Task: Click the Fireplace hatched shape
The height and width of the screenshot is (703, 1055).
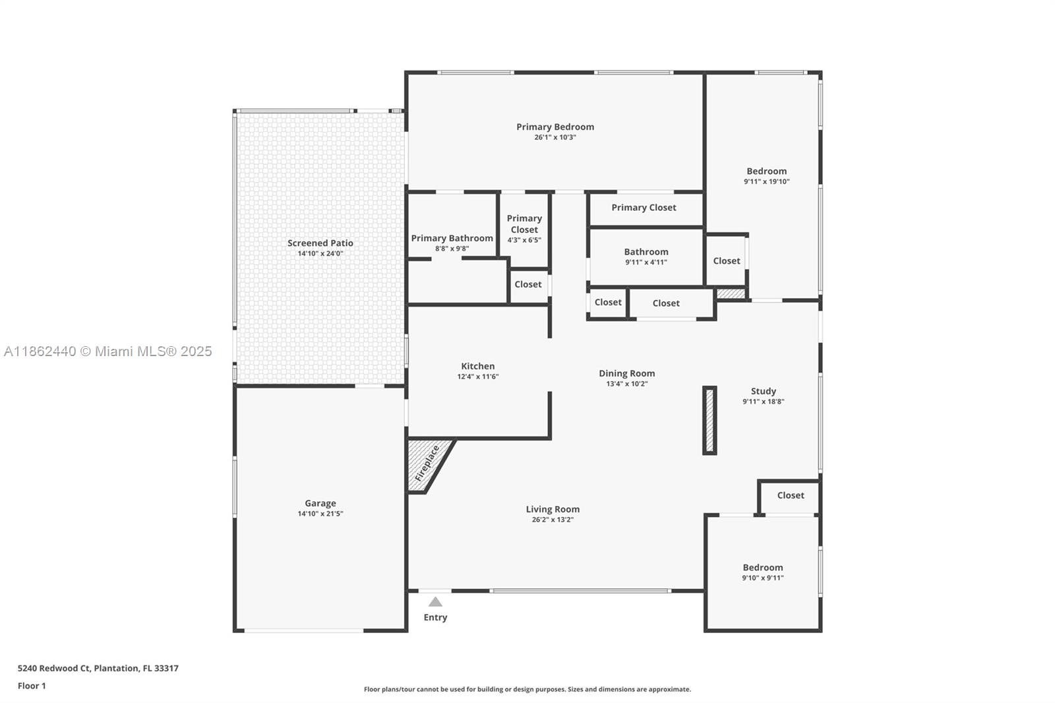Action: pos(425,463)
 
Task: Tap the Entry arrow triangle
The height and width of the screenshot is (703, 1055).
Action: pos(435,601)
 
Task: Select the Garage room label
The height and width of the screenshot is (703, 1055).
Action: pos(320,503)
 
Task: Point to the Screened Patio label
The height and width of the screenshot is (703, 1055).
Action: pos(320,243)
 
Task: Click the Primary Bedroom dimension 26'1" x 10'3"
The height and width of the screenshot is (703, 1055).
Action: pos(555,138)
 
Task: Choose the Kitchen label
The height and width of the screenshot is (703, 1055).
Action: pos(478,366)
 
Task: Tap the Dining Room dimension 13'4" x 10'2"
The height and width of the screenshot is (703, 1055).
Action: pos(627,384)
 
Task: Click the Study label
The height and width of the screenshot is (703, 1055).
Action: pos(764,391)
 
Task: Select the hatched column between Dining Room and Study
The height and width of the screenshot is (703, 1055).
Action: pos(709,421)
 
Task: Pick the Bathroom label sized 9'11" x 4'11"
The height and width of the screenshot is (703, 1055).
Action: pos(646,252)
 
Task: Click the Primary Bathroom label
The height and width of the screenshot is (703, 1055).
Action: pos(452,238)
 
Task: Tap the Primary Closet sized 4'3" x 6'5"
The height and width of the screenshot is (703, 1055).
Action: pos(524,224)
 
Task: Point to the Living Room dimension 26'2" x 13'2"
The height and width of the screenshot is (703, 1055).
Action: pos(553,520)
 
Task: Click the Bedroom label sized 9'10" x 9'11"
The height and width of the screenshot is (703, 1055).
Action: pos(763,567)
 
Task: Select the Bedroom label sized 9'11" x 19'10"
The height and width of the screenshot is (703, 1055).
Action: pos(767,171)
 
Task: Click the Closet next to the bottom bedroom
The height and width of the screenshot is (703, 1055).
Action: pos(791,495)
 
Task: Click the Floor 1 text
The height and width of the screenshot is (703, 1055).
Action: pos(32,686)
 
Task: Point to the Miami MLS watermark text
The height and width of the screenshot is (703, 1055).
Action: pos(108,351)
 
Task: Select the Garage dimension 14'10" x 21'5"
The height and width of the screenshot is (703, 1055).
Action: pos(320,514)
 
